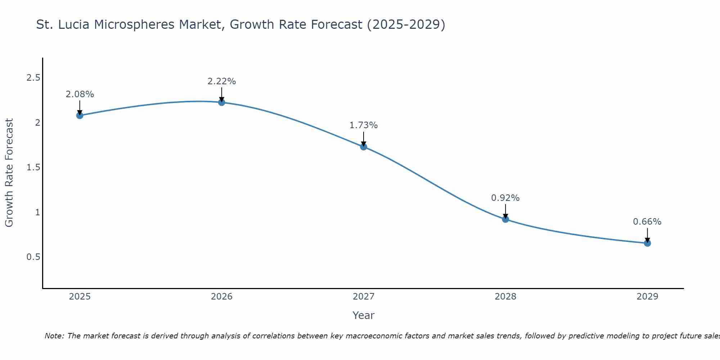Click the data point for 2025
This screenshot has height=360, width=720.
point(80,116)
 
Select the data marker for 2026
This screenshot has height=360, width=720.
point(222,103)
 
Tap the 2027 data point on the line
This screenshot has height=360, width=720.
point(364,147)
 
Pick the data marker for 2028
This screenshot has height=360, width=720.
point(505,219)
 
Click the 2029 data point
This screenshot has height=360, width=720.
point(647,243)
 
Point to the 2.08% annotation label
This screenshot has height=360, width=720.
point(80,94)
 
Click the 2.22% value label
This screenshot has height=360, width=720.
point(222,81)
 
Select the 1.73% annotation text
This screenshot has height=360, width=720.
point(364,125)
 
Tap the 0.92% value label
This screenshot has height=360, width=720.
point(505,198)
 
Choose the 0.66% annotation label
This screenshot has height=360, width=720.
point(647,222)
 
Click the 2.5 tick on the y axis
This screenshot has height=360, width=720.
point(33,78)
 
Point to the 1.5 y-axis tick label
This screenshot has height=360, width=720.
point(33,167)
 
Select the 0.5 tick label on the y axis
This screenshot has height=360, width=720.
point(33,257)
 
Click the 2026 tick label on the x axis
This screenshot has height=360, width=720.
point(222,297)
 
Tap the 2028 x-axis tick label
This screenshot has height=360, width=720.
point(505,297)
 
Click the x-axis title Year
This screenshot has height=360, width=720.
point(364,315)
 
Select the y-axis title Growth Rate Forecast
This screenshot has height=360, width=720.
point(9,173)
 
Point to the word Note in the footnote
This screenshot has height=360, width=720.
point(54,336)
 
